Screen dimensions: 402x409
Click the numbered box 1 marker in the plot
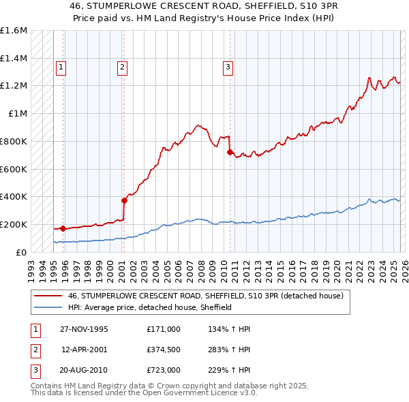coord(61,67)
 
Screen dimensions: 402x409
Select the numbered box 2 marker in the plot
coord(122,67)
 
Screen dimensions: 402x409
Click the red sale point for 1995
coord(63,228)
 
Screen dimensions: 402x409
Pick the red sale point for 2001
coord(124,200)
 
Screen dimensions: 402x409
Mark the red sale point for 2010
coord(230,152)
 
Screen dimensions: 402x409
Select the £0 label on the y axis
coord(22,252)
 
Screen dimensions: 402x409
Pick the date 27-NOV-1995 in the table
coord(85,329)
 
